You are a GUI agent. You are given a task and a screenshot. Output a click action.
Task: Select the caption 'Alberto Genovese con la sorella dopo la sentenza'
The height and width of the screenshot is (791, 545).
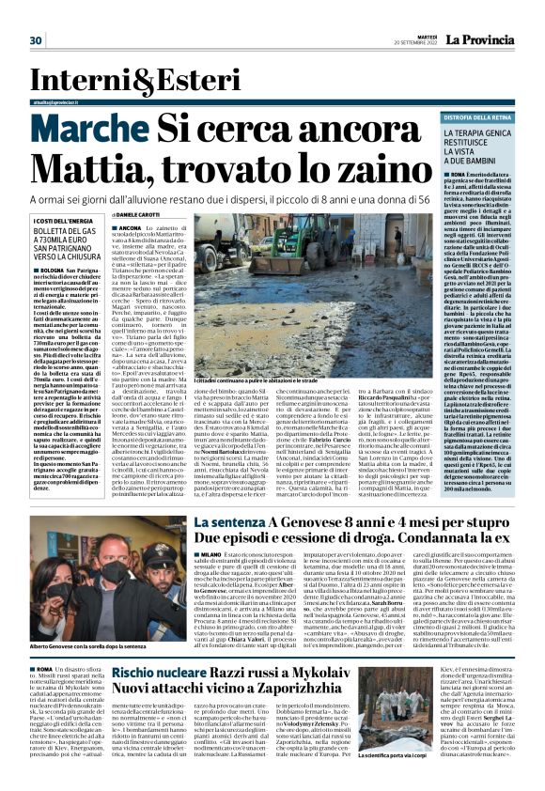click(x=79, y=649)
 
